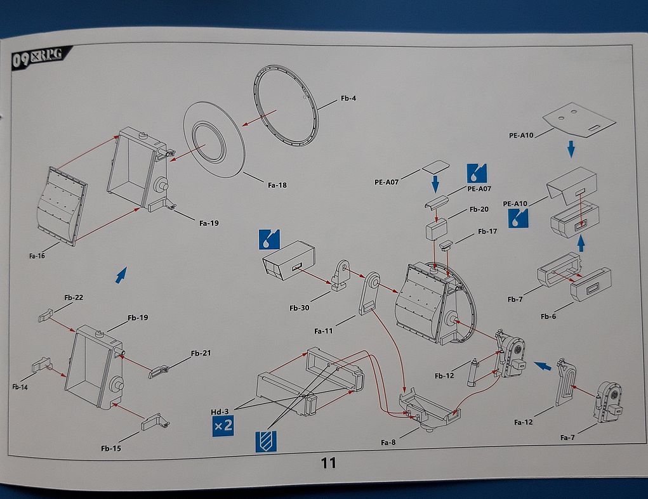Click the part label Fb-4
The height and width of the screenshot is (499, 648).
pos(348,98)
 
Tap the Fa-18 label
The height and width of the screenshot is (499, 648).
pos(277,185)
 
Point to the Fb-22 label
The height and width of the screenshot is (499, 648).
pos(74,297)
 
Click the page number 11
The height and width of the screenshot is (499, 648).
pos(328,463)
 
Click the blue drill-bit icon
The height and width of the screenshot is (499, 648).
pos(266,441)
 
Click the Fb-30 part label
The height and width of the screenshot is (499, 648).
pos(299,308)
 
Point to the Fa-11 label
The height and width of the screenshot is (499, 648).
pos(324,330)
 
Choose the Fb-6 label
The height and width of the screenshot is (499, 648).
pos(549,316)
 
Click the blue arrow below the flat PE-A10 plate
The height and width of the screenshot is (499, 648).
pos(571,150)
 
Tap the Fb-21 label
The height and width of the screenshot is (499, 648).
pos(201,353)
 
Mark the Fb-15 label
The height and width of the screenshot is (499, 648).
pos(110,448)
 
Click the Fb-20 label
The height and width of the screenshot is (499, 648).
pos(479,209)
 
